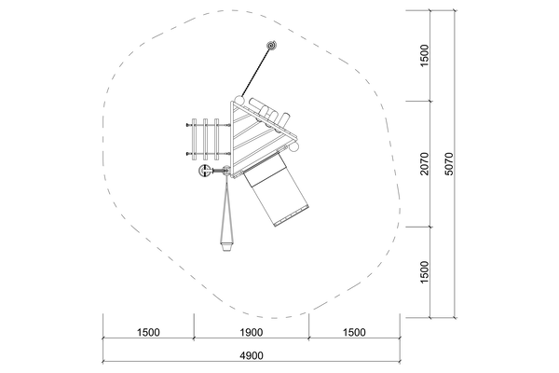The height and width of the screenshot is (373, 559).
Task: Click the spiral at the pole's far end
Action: coord(272,46)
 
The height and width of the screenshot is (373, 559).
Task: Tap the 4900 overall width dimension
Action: coord(252,355)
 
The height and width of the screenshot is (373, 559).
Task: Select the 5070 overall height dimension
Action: coord(449,164)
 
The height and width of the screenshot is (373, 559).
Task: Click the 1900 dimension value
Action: coord(252,332)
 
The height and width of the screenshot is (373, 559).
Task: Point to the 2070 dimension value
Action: coord(424,164)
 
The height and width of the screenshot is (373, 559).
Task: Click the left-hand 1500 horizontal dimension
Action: coord(148,332)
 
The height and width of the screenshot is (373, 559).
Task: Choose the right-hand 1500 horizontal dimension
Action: coord(354,332)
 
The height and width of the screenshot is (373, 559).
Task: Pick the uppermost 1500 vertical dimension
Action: coord(424,56)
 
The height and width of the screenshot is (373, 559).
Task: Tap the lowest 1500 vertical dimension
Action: coord(424,272)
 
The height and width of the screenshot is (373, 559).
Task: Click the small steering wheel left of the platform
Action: coord(204,172)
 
